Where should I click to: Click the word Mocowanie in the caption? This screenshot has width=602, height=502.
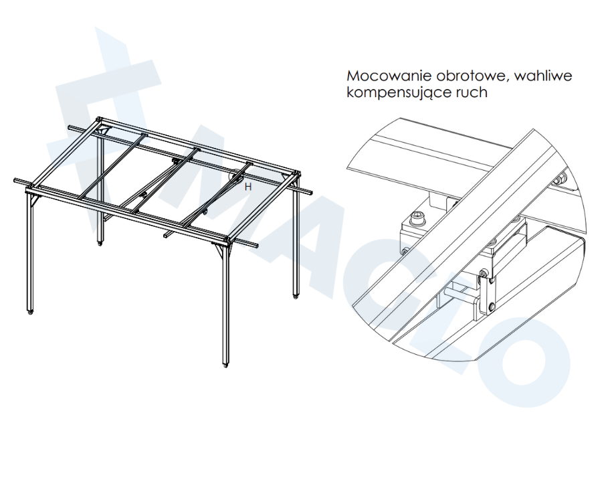pos(389,76)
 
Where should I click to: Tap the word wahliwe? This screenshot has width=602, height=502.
pos(543,76)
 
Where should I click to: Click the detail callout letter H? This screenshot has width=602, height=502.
pos(248,187)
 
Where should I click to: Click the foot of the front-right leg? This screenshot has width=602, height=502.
pos(226,365)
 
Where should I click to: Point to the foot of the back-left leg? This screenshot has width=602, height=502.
pos(100,243)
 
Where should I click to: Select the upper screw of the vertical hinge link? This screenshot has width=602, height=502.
pos(483,274)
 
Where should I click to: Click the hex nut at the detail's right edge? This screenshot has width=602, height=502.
pos(561,178)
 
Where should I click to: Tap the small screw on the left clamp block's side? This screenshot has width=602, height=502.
pos(405,252)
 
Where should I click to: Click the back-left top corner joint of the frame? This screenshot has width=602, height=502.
pos(100,120)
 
